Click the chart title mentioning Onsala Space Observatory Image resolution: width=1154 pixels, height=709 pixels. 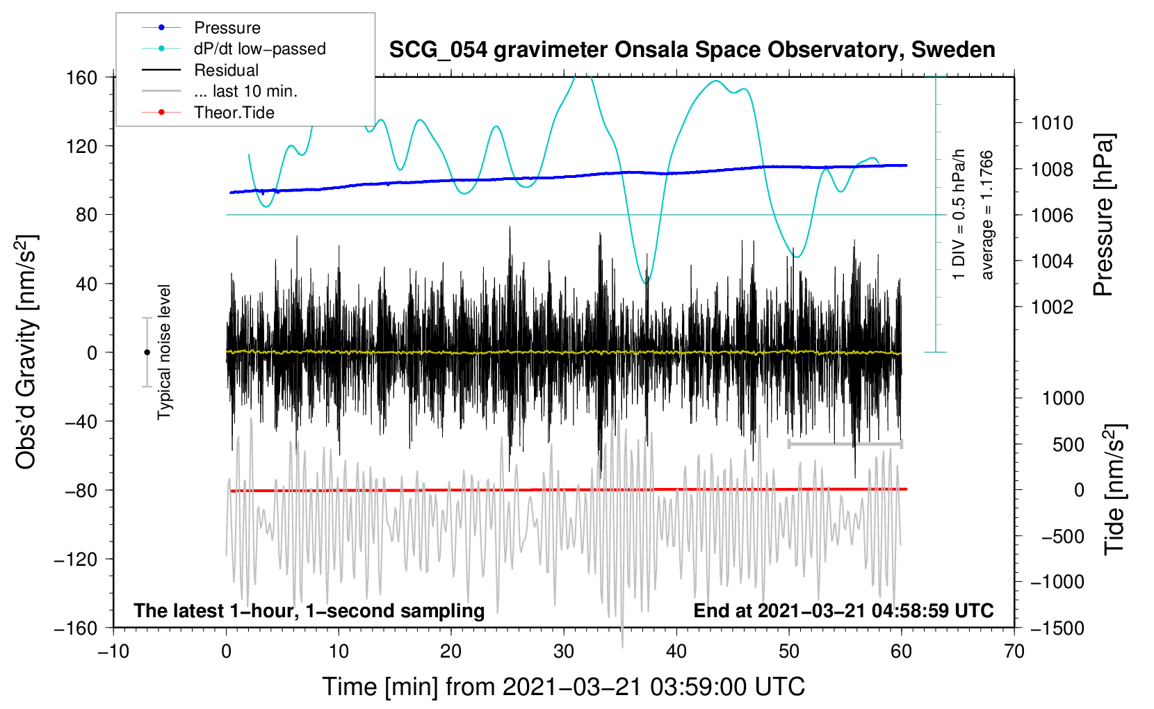tap(692, 50)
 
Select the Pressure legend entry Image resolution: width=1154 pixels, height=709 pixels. tap(227, 28)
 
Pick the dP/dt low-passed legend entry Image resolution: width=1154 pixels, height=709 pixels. tap(259, 49)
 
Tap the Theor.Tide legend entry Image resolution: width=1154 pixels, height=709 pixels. tap(234, 113)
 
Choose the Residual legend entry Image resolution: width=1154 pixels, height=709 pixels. tap(226, 70)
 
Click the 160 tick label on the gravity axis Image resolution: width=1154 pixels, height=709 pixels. tap(81, 77)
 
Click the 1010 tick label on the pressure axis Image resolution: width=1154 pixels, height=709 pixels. tap(1052, 123)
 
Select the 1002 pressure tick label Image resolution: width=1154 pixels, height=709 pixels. tap(1052, 307)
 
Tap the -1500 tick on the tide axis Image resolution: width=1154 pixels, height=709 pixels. tap(1057, 628)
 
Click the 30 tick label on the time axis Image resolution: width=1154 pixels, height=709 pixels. tap(564, 651)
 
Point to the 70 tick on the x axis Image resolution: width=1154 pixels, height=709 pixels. tap(1014, 651)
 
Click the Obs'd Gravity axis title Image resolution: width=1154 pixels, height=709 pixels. tap(26, 352)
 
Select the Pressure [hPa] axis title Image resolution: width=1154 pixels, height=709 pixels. tap(1104, 215)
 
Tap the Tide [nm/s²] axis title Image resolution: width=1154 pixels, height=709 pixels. tap(1114, 489)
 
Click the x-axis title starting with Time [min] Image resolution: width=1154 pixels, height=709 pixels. tap(563, 687)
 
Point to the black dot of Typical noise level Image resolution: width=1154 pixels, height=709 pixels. tap(147, 352)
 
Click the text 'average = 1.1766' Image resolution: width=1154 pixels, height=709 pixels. tap(987, 215)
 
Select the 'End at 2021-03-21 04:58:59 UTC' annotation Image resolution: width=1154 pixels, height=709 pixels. tap(843, 610)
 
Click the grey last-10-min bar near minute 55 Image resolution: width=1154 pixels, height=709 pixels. tap(845, 443)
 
